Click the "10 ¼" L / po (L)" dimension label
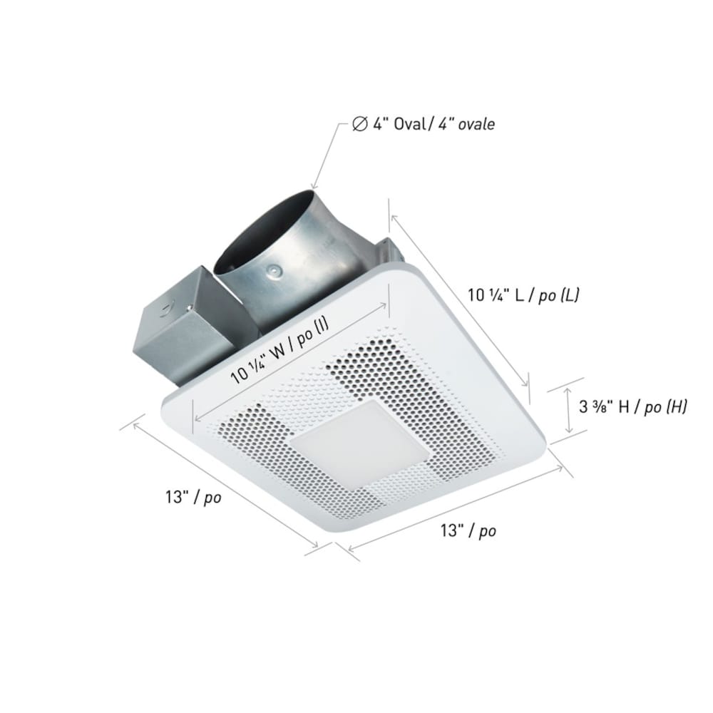tap(523, 294)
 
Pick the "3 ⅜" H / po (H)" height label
tap(632, 407)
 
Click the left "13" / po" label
tap(192, 498)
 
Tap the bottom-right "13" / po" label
tap(468, 530)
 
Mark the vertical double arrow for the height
tap(568, 410)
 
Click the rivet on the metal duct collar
tap(274, 272)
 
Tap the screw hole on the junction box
tap(166, 309)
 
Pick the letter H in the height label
tap(624, 407)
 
